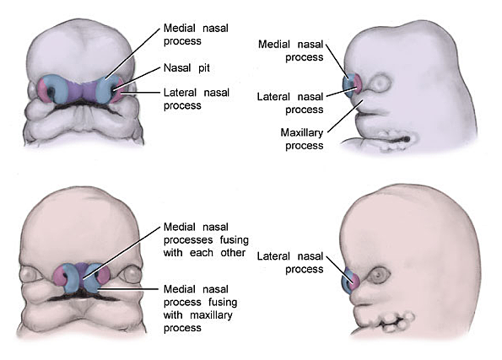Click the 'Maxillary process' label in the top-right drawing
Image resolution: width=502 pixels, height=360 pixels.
point(304,138)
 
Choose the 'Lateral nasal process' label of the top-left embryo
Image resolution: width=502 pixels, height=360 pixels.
point(194,99)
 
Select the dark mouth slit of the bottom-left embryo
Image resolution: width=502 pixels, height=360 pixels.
point(80,297)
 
